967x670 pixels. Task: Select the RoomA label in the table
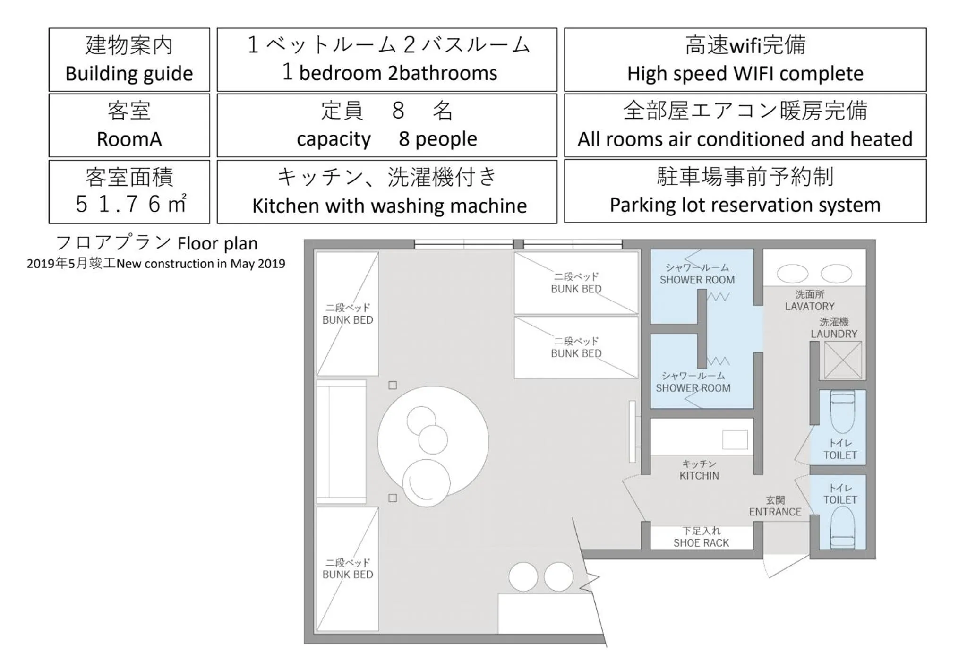[x=129, y=139]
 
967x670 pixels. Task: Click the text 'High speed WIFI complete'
[x=745, y=74]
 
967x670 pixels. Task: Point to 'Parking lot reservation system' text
[x=745, y=205]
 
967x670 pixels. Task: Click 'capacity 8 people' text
[x=386, y=139]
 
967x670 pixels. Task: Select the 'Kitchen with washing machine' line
[x=389, y=206]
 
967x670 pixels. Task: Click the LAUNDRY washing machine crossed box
[x=843, y=360]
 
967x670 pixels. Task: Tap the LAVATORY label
[x=809, y=306]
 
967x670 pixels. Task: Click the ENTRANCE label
[x=775, y=512]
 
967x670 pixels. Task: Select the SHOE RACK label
[x=701, y=543]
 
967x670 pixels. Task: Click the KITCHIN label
[x=699, y=476]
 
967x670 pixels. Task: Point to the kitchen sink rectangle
[x=735, y=440]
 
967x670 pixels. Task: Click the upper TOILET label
[x=839, y=455]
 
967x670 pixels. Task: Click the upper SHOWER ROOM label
[x=697, y=280]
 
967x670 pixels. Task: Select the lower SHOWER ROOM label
[x=693, y=388]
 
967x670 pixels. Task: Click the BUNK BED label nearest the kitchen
[x=576, y=353]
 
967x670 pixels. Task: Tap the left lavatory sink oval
[x=792, y=274]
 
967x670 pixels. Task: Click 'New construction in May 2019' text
[x=201, y=264]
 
